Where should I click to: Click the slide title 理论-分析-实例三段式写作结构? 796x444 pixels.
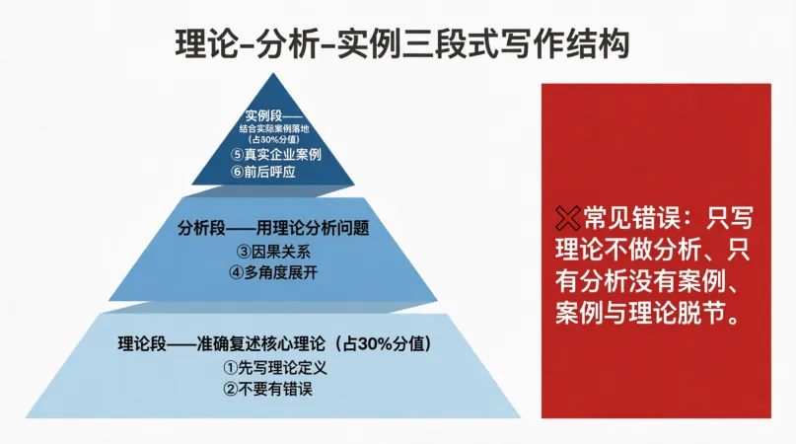[x=402, y=44]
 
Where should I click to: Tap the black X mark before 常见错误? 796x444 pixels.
[x=567, y=218]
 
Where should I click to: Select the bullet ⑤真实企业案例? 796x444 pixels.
[x=276, y=154]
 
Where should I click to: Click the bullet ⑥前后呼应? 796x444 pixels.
[x=263, y=172]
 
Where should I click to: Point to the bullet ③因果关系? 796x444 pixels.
[x=273, y=252]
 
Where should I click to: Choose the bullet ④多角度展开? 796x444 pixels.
[x=273, y=272]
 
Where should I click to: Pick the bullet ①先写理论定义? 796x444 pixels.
[x=274, y=367]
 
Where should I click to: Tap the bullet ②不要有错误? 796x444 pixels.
[x=267, y=389]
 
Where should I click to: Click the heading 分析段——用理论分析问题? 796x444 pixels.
[x=273, y=228]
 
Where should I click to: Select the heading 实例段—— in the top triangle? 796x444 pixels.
[x=273, y=115]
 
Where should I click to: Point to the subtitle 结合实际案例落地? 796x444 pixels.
[x=274, y=129]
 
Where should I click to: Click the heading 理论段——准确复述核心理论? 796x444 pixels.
[x=221, y=344]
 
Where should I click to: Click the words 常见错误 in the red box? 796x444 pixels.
[x=631, y=218]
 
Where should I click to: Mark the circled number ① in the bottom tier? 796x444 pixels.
[x=231, y=367]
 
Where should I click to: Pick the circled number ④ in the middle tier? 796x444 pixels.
[x=236, y=272]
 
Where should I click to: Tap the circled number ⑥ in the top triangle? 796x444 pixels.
[x=238, y=172]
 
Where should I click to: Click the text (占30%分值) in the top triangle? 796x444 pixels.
[x=274, y=139]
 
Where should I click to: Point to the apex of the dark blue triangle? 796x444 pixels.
[x=273, y=73]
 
